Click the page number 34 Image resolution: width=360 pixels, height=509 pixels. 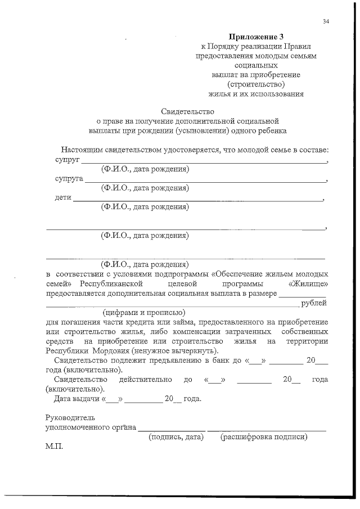327,22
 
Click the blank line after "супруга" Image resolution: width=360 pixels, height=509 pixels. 205,181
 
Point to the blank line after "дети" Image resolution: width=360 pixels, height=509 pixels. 197,200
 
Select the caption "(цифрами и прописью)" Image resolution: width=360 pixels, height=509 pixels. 144,312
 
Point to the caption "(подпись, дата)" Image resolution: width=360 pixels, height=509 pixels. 175,436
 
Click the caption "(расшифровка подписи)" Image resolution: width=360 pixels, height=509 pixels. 264,436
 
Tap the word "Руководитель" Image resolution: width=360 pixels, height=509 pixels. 70,417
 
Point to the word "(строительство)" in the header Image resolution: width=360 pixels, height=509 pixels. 256,84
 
